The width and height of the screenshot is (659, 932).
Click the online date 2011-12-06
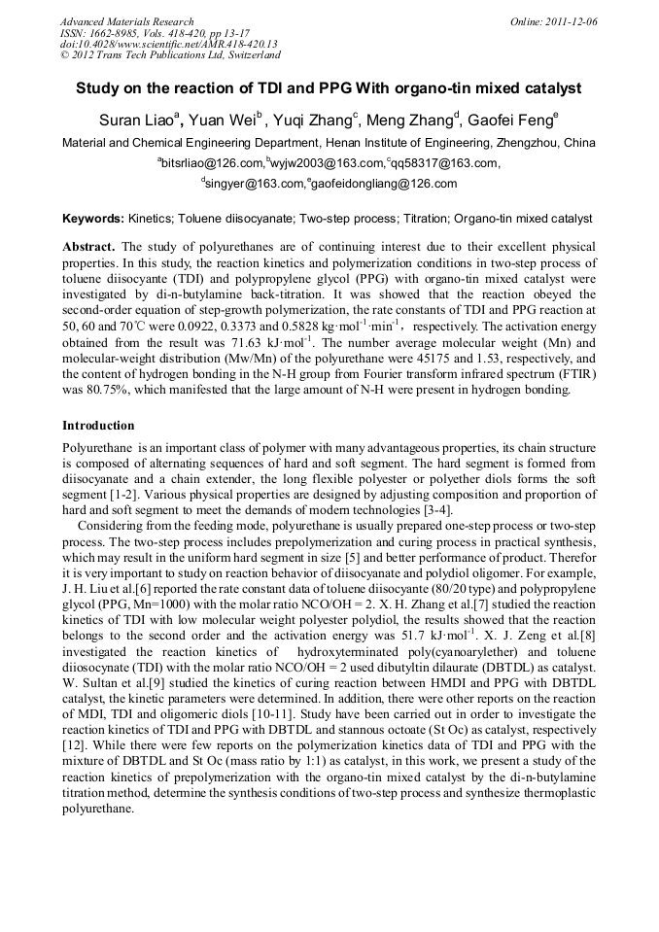point(572,21)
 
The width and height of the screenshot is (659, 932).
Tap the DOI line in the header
point(168,44)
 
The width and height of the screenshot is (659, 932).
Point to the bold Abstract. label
point(89,248)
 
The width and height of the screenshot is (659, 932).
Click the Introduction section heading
point(98,426)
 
